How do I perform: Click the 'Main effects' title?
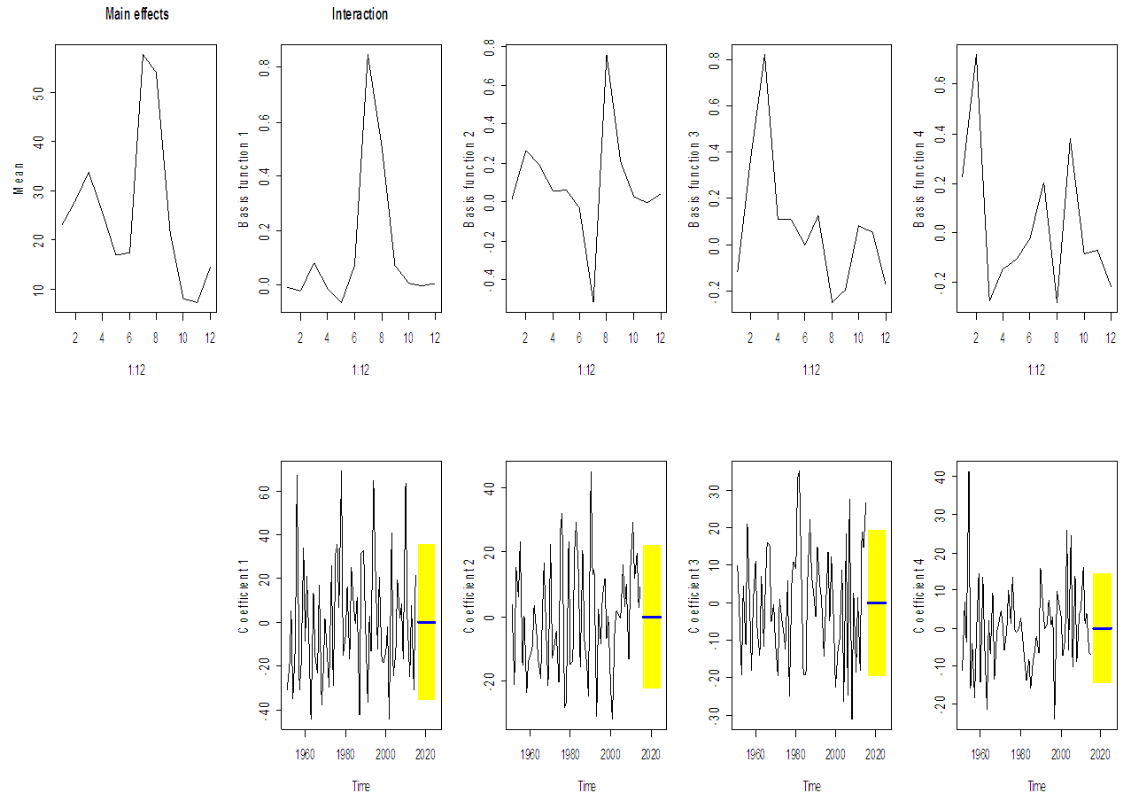click(x=136, y=14)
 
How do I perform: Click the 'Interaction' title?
click(x=360, y=14)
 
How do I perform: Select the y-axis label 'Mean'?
click(x=19, y=177)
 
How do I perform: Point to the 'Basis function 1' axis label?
click(x=244, y=177)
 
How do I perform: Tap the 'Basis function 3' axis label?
click(x=693, y=177)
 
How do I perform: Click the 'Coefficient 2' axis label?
click(x=469, y=594)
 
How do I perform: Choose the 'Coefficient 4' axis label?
click(x=919, y=594)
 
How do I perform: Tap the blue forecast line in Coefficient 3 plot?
click(x=877, y=603)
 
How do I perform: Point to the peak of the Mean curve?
click(x=143, y=55)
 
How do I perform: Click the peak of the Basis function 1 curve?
click(x=368, y=55)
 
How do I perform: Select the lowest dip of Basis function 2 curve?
click(x=593, y=302)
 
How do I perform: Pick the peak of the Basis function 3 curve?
click(x=764, y=55)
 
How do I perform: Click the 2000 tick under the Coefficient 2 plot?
click(x=610, y=755)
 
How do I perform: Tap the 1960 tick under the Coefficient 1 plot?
click(x=306, y=755)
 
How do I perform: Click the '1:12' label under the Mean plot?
click(x=136, y=369)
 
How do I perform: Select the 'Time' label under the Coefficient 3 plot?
click(x=811, y=786)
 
